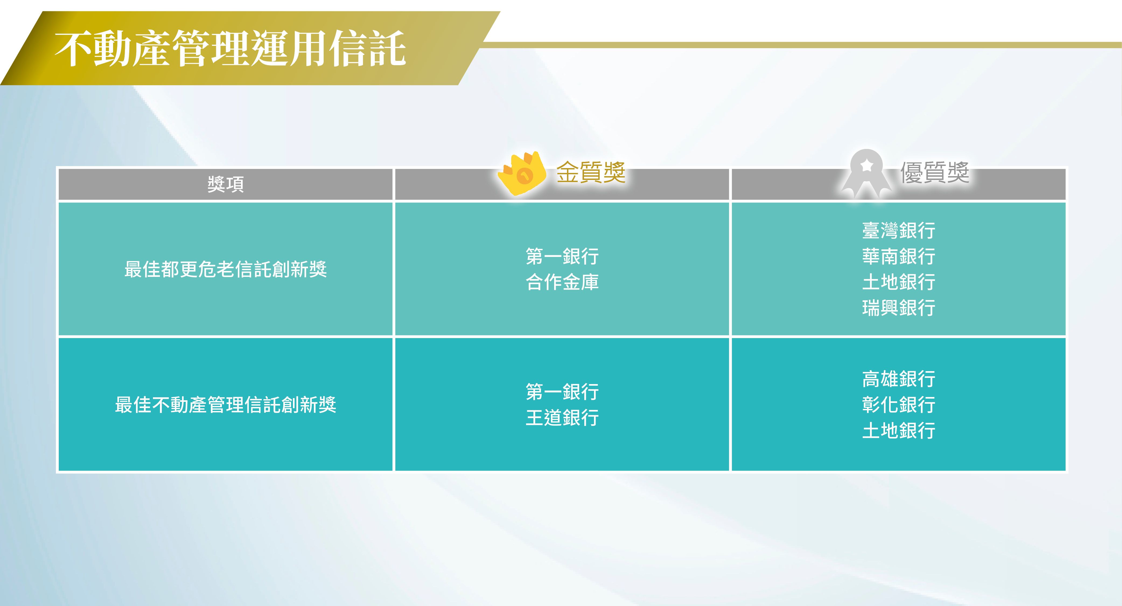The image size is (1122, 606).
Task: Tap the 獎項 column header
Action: pos(226,184)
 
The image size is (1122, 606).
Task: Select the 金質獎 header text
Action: pos(591,172)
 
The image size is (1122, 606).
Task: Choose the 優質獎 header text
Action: pos(935,172)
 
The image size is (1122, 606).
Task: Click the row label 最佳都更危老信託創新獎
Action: pos(226,269)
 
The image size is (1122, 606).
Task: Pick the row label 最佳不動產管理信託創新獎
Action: pos(226,405)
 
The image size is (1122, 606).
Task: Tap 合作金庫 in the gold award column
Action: pos(562,282)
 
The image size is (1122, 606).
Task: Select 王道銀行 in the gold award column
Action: pos(562,418)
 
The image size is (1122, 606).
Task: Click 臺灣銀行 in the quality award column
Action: pos(899,231)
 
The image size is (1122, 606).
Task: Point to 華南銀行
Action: pos(899,256)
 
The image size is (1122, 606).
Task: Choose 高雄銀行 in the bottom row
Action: pos(899,379)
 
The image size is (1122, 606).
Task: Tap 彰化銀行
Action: pos(899,405)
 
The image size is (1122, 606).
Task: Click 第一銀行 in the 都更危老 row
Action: pos(562,256)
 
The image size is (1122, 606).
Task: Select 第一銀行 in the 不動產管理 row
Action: pos(562,392)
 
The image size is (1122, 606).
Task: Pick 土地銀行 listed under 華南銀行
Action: pos(899,282)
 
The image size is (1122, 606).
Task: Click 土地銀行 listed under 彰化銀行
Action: pos(899,430)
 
